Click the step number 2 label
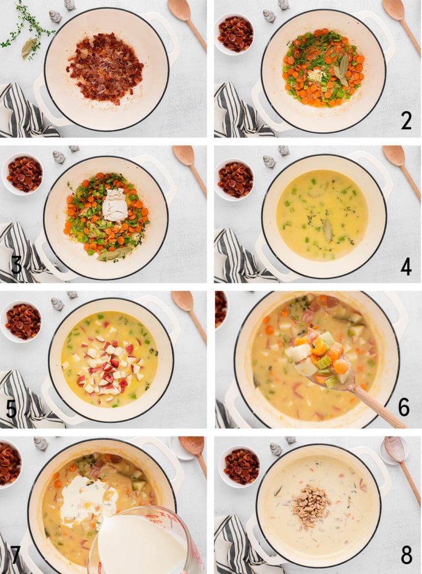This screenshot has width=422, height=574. coord(406,121)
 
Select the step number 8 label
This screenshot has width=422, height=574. coord(406,555)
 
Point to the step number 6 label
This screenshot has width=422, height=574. coord(404,407)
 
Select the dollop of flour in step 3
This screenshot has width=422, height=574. coord(115,206)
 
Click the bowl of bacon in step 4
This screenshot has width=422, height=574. coord(235,179)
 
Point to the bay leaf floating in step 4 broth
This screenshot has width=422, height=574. coord(327,230)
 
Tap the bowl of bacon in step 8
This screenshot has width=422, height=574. coord(240,466)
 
